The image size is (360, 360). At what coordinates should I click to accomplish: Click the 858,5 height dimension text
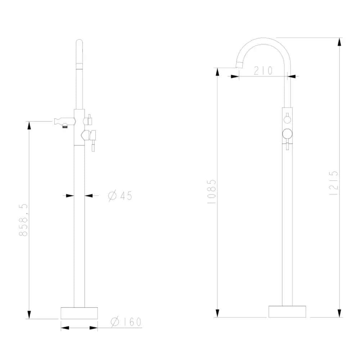click(23, 220)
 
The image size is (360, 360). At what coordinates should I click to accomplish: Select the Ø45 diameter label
click(120, 195)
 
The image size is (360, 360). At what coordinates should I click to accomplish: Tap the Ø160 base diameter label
click(126, 321)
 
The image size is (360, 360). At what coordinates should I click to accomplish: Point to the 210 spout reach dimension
click(264, 71)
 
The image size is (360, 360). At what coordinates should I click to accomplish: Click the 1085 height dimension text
click(212, 192)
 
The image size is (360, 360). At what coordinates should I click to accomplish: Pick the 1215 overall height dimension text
click(334, 183)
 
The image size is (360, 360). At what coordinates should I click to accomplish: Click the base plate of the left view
click(79, 313)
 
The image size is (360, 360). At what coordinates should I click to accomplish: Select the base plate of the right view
click(287, 311)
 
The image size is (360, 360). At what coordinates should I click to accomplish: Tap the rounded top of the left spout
click(79, 42)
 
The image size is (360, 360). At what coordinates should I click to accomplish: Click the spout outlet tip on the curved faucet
click(239, 65)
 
